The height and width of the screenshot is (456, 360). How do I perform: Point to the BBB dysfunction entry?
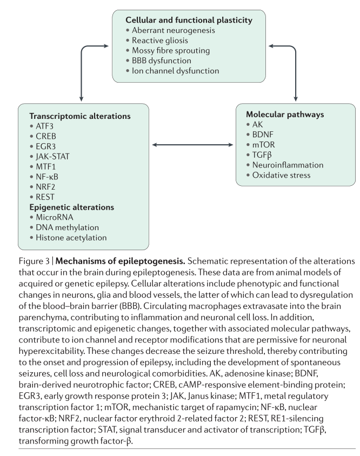click(x=162, y=61)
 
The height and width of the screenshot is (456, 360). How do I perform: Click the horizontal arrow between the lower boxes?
click(x=191, y=145)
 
